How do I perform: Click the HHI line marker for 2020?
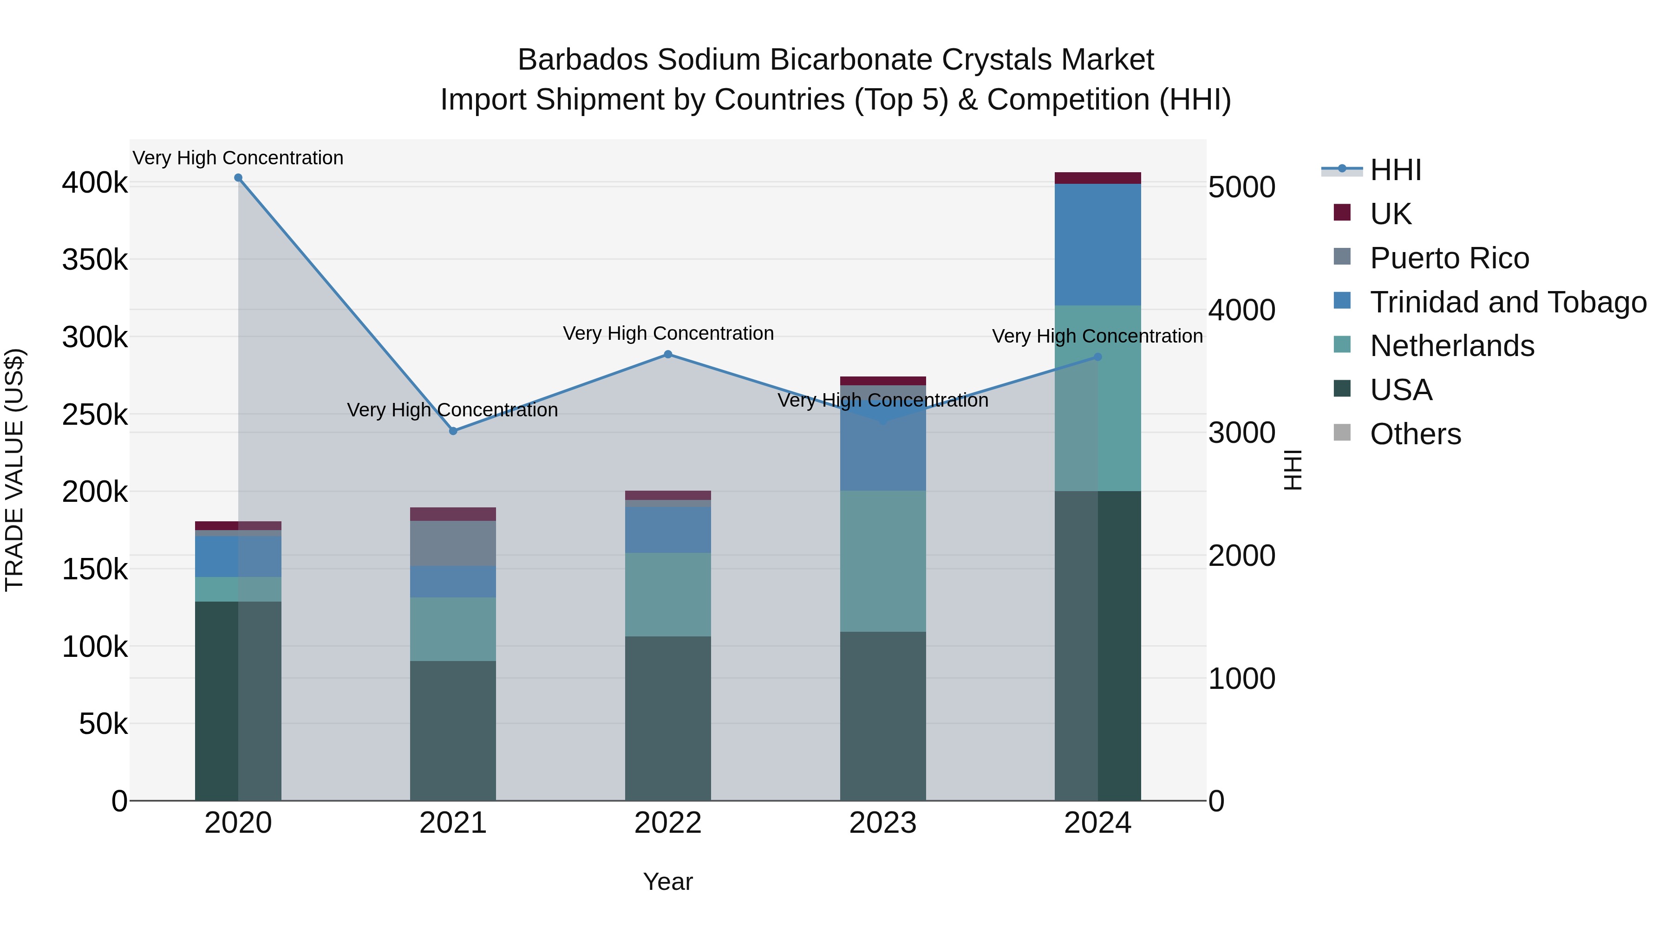pyautogui.click(x=238, y=178)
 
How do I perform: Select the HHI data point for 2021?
pyautogui.click(x=453, y=431)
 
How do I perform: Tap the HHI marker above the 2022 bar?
pyautogui.click(x=668, y=354)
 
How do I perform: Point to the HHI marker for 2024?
pyautogui.click(x=1097, y=357)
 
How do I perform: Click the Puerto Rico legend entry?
pyautogui.click(x=1449, y=258)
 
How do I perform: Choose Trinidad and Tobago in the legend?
pyautogui.click(x=1507, y=302)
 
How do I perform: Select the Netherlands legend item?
pyautogui.click(x=1451, y=346)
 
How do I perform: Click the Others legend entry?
pyautogui.click(x=1415, y=434)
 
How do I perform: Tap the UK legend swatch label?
pyautogui.click(x=1390, y=214)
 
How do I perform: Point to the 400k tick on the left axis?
pyautogui.click(x=95, y=183)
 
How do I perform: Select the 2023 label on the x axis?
pyautogui.click(x=883, y=823)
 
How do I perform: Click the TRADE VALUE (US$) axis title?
pyautogui.click(x=14, y=470)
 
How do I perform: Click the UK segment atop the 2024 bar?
pyautogui.click(x=1097, y=178)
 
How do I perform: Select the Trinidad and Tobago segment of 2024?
pyautogui.click(x=1097, y=245)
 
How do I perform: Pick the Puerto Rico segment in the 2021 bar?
pyautogui.click(x=453, y=543)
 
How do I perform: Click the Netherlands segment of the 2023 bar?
pyautogui.click(x=883, y=561)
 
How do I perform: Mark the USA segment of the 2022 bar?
pyautogui.click(x=668, y=718)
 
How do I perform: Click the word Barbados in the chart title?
pyautogui.click(x=583, y=60)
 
